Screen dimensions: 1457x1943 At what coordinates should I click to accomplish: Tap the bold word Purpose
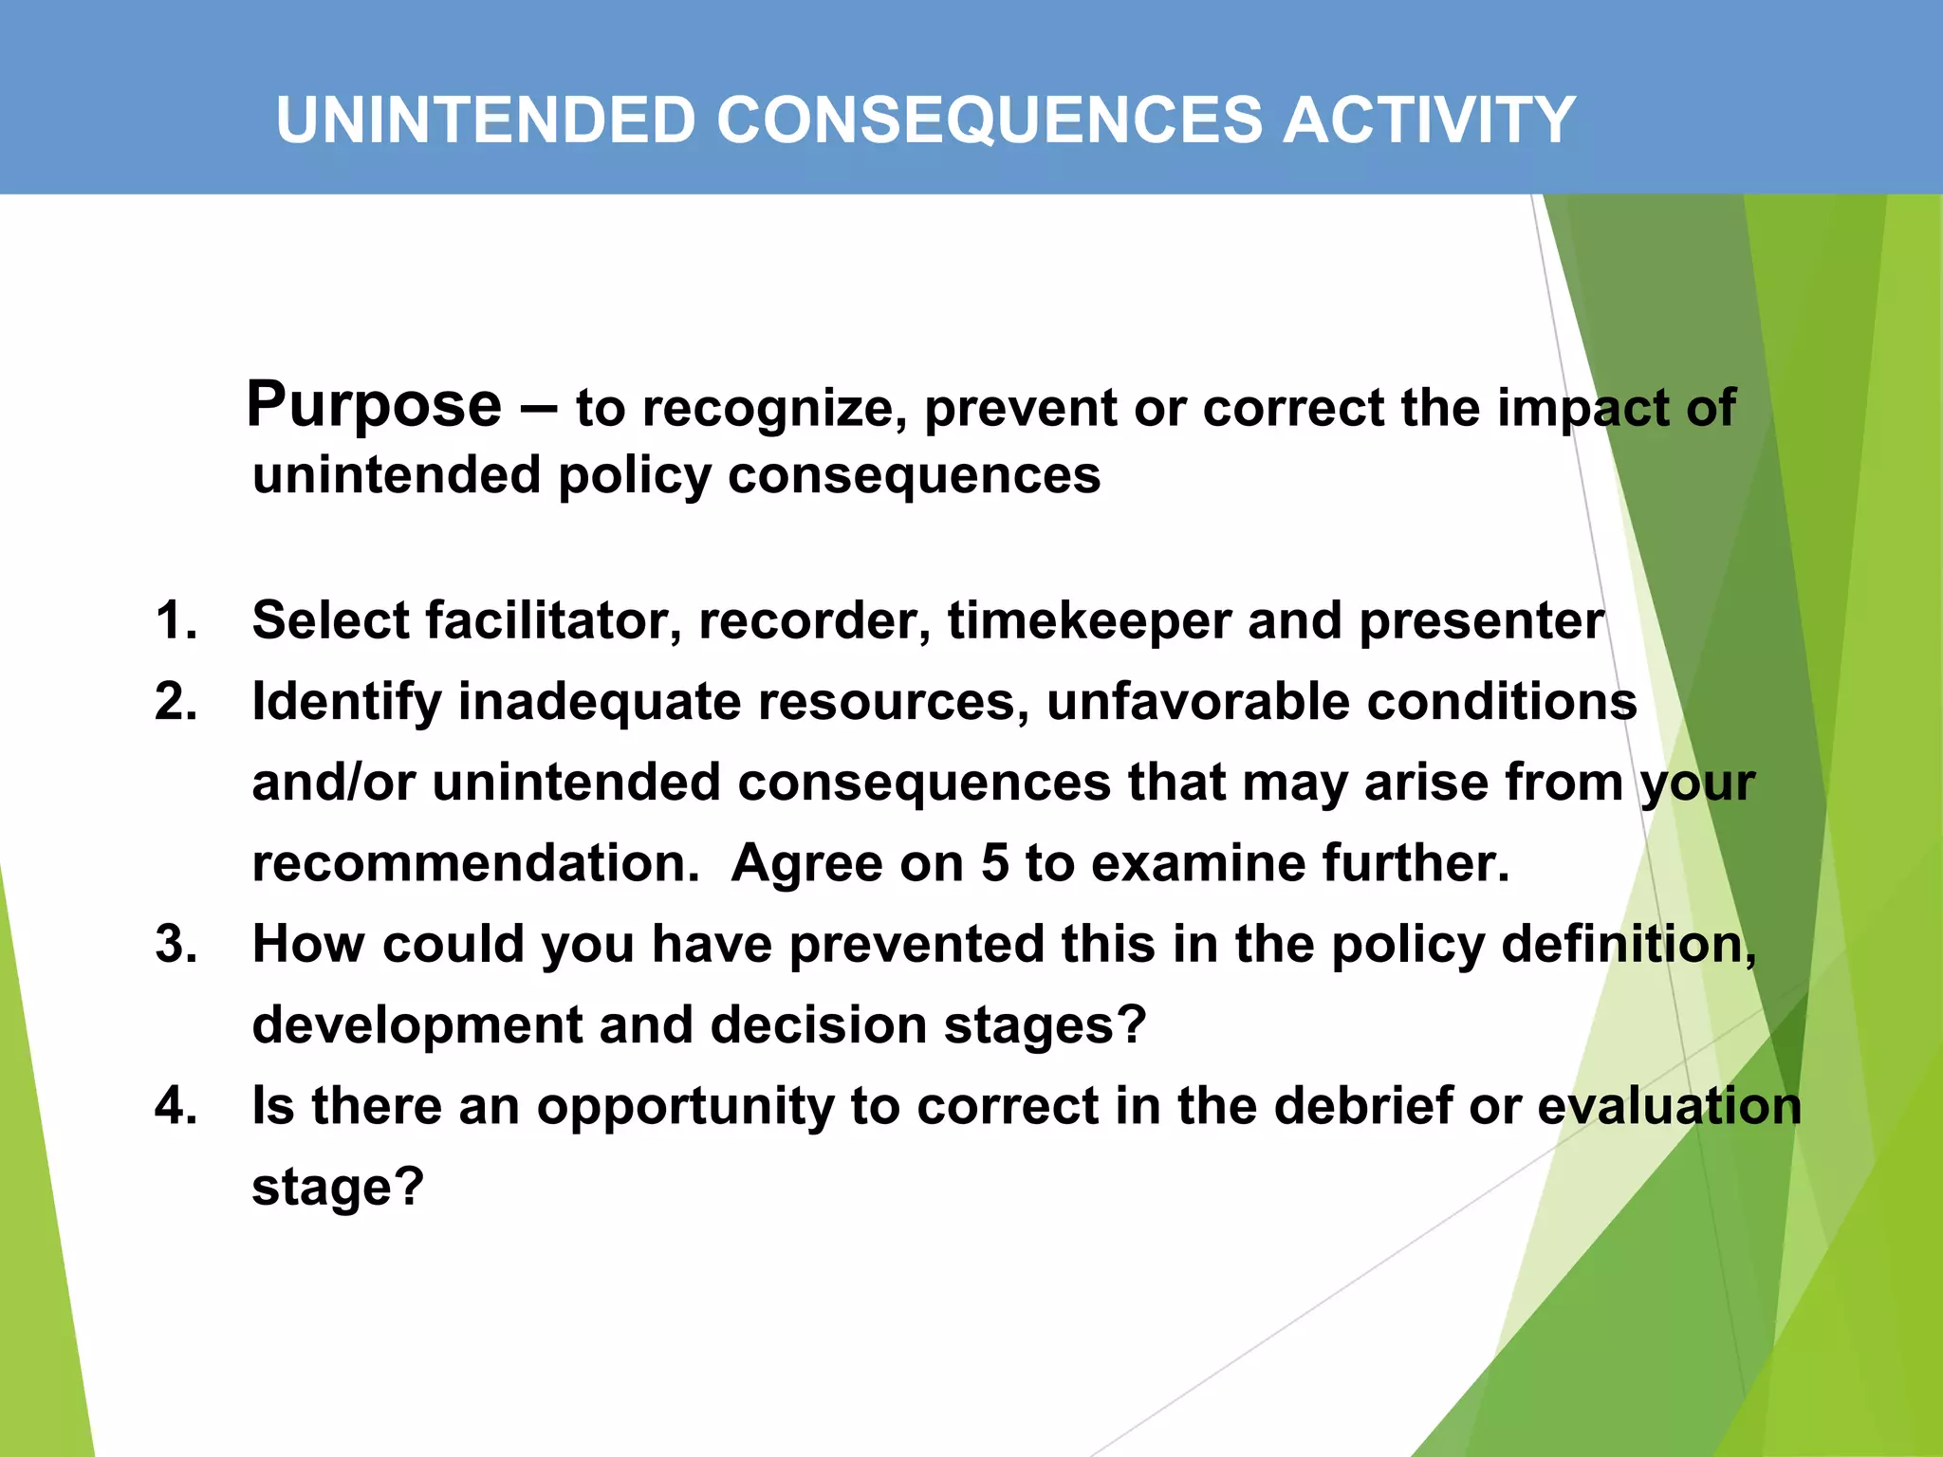374,406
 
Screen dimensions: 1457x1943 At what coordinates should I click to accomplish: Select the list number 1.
176,621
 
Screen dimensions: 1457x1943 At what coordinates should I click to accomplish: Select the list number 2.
176,703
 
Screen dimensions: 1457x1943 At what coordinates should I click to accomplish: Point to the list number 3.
176,945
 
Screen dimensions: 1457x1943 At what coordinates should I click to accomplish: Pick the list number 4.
176,1106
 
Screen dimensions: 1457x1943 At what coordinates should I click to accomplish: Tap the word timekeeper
1088,621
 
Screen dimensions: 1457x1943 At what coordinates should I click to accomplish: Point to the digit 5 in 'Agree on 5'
994,864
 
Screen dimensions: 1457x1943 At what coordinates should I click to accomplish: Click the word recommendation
475,864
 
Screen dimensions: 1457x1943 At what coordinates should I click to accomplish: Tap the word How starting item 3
308,945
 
